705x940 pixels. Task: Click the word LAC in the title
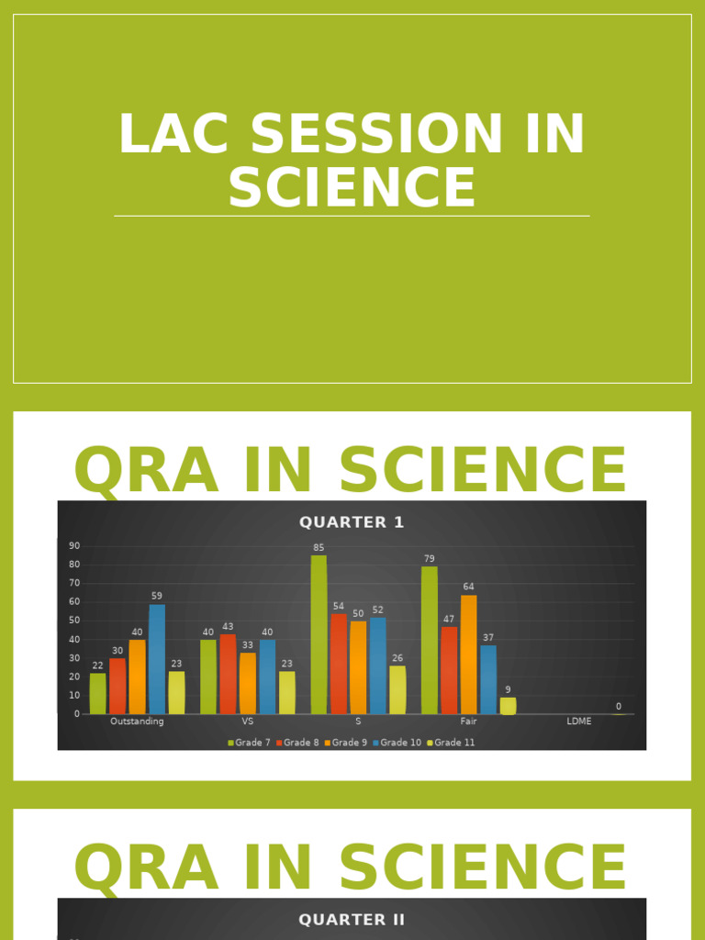click(x=174, y=134)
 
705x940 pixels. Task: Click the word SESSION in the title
click(x=377, y=134)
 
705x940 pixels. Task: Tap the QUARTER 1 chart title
click(x=352, y=522)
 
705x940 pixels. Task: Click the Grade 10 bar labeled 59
click(x=157, y=658)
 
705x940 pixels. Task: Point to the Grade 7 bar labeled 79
click(x=430, y=640)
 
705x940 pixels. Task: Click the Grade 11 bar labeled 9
click(x=508, y=705)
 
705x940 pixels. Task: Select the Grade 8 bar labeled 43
click(x=228, y=674)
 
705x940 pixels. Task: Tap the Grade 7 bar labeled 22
click(x=97, y=693)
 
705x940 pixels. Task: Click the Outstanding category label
click(x=137, y=722)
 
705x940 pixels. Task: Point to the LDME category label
click(x=579, y=722)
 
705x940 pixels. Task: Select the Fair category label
click(x=468, y=722)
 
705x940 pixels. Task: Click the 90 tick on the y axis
click(x=74, y=546)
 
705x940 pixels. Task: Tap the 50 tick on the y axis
click(x=74, y=621)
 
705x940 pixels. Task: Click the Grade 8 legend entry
click(x=300, y=743)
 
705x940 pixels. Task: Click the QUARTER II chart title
click(x=352, y=920)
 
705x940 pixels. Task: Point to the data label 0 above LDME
click(x=618, y=706)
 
